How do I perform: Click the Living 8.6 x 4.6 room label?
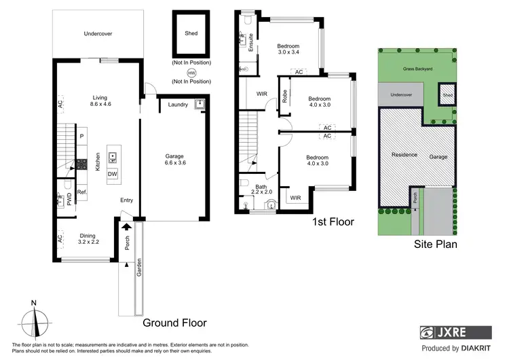[100, 100]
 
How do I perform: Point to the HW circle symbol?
[191, 72]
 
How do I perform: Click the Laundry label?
[178, 105]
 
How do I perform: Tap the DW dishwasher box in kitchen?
[112, 173]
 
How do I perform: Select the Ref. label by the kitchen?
[81, 192]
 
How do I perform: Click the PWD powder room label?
[69, 198]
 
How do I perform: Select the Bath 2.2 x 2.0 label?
[261, 190]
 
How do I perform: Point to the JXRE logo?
[454, 333]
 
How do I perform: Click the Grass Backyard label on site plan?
[417, 69]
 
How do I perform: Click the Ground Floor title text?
[174, 323]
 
